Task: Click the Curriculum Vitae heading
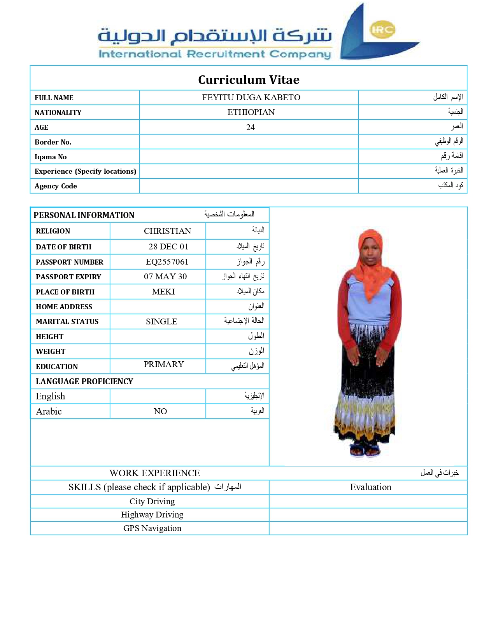(x=249, y=80)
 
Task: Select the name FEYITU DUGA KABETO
(x=251, y=98)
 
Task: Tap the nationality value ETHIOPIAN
(x=251, y=112)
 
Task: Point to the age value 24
(x=250, y=127)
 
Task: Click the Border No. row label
(x=53, y=142)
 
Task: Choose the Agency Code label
(x=56, y=186)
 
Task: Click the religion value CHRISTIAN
(x=167, y=231)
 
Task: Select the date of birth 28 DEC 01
(x=168, y=247)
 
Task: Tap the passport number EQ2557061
(x=167, y=262)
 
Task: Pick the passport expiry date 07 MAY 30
(x=165, y=277)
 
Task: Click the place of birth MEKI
(x=163, y=292)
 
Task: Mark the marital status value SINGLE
(x=161, y=322)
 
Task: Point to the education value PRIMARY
(x=164, y=364)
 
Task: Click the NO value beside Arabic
(x=160, y=411)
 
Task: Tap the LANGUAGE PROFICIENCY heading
(x=84, y=381)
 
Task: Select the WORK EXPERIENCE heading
(x=154, y=473)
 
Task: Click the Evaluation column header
(x=370, y=487)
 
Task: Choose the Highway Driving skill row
(x=152, y=515)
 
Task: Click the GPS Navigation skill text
(x=152, y=528)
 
